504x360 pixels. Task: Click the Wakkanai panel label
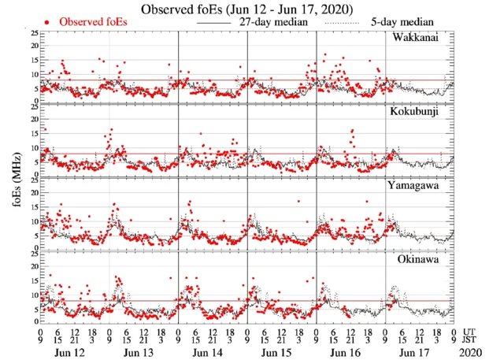[x=419, y=38]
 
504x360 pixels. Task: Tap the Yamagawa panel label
[x=418, y=185]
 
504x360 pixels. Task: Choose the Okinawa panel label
[x=421, y=258]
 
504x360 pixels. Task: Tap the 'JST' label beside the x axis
[x=471, y=340]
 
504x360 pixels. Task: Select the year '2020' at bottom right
[x=471, y=351]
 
